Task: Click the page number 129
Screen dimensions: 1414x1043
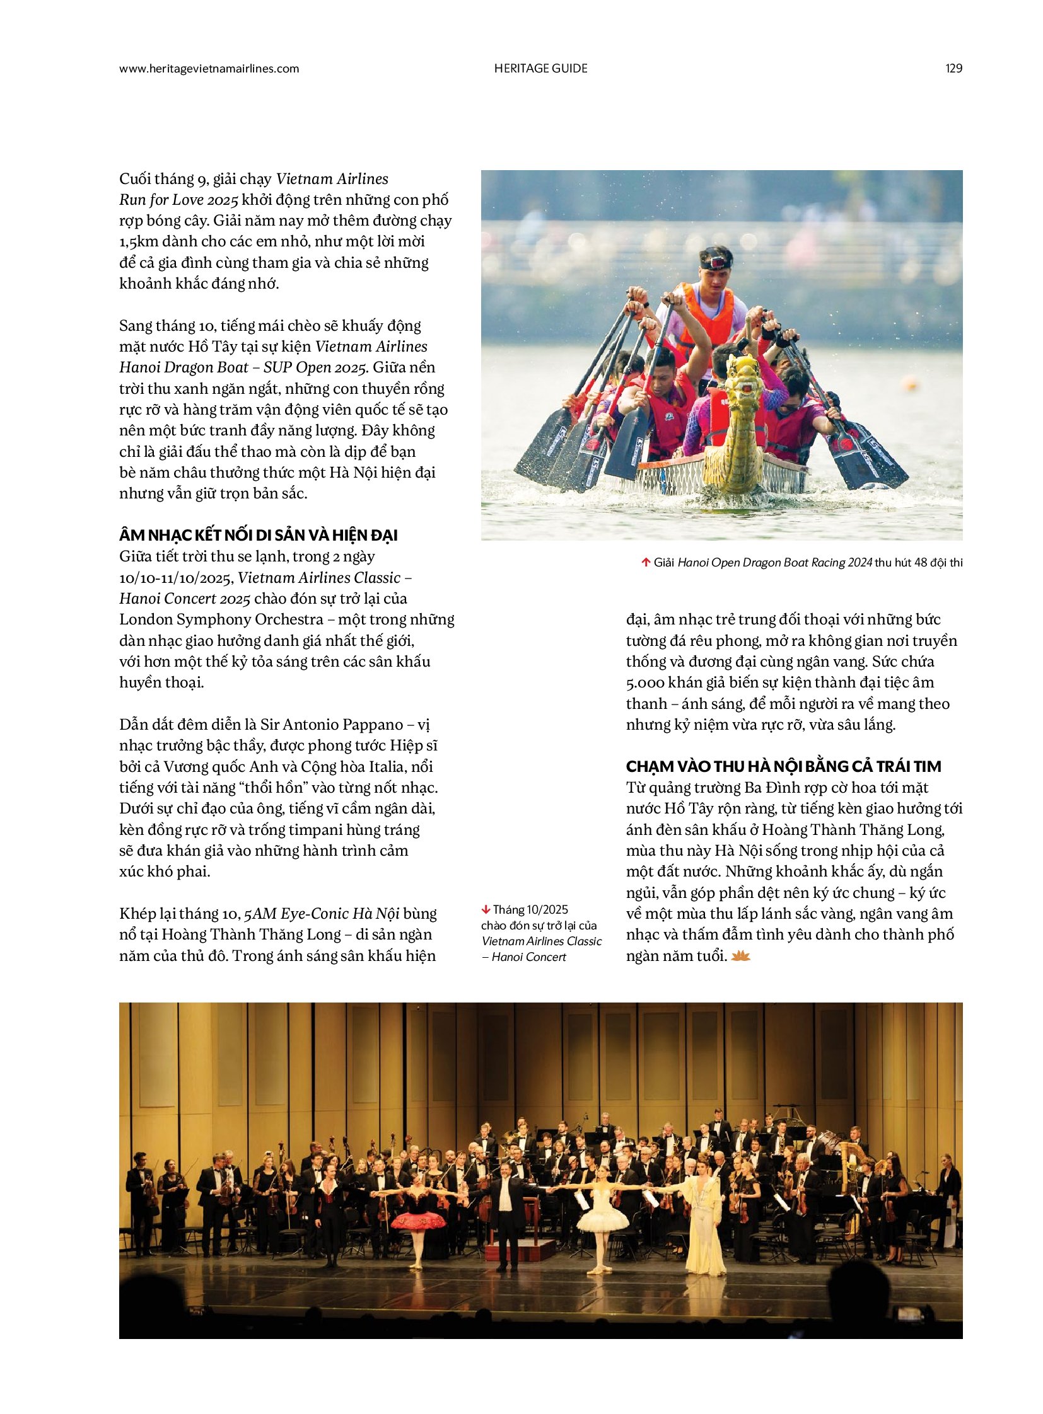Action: coord(953,69)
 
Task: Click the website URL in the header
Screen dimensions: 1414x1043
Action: coord(209,69)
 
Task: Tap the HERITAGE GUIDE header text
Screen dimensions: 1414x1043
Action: coord(540,69)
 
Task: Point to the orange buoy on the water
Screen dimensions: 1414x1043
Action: coord(910,382)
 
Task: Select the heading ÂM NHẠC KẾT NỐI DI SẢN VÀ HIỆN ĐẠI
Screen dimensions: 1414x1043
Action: coord(258,536)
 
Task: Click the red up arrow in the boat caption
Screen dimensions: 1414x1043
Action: coord(645,562)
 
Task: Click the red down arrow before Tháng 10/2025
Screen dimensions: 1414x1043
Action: coord(486,909)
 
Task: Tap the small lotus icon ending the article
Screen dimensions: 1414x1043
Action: coord(740,957)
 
